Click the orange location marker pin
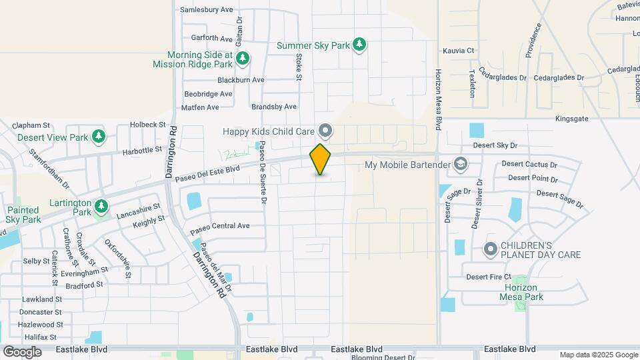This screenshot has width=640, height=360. click(321, 159)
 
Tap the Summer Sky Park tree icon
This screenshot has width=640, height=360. click(360, 45)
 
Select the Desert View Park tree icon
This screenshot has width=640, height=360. click(99, 137)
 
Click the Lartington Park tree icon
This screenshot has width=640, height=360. click(101, 205)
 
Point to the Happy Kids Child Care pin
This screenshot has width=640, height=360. click(325, 129)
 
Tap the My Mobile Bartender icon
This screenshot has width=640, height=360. click(460, 164)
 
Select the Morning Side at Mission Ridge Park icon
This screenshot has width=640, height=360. click(243, 59)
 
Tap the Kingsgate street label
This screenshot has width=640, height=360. click(571, 118)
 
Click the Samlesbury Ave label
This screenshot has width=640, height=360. click(207, 10)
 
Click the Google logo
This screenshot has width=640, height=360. click(22, 351)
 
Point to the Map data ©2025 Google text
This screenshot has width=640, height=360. click(598, 355)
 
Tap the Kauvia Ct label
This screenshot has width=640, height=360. click(458, 50)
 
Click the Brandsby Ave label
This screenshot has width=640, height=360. click(273, 107)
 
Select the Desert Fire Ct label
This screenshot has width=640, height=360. click(488, 277)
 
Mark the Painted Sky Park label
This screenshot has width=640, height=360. click(23, 214)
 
